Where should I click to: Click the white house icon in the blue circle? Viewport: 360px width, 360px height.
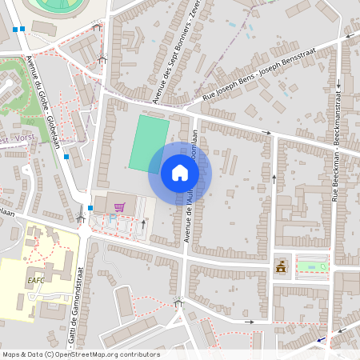pyautogui.click(x=180, y=173)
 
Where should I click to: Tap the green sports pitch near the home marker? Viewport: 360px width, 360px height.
pyautogui.click(x=149, y=143)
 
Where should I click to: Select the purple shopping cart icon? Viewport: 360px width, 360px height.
pyautogui.click(x=119, y=207)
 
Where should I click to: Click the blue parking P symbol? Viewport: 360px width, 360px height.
pyautogui.click(x=112, y=217)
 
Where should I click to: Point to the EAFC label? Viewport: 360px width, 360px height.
pyautogui.click(x=35, y=281)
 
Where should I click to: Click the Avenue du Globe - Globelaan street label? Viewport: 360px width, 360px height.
pyautogui.click(x=46, y=99)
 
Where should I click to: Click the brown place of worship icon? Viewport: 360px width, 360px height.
pyautogui.click(x=281, y=266)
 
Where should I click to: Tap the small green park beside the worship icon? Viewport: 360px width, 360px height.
pyautogui.click(x=311, y=264)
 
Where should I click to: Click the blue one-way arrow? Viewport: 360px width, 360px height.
pyautogui.click(x=322, y=339)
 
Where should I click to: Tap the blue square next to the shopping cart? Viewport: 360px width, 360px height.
pyautogui.click(x=90, y=209)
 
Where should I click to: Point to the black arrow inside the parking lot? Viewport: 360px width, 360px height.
pyautogui.click(x=144, y=224)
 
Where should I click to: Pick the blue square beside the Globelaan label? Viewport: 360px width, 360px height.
pyautogui.click(x=66, y=158)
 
